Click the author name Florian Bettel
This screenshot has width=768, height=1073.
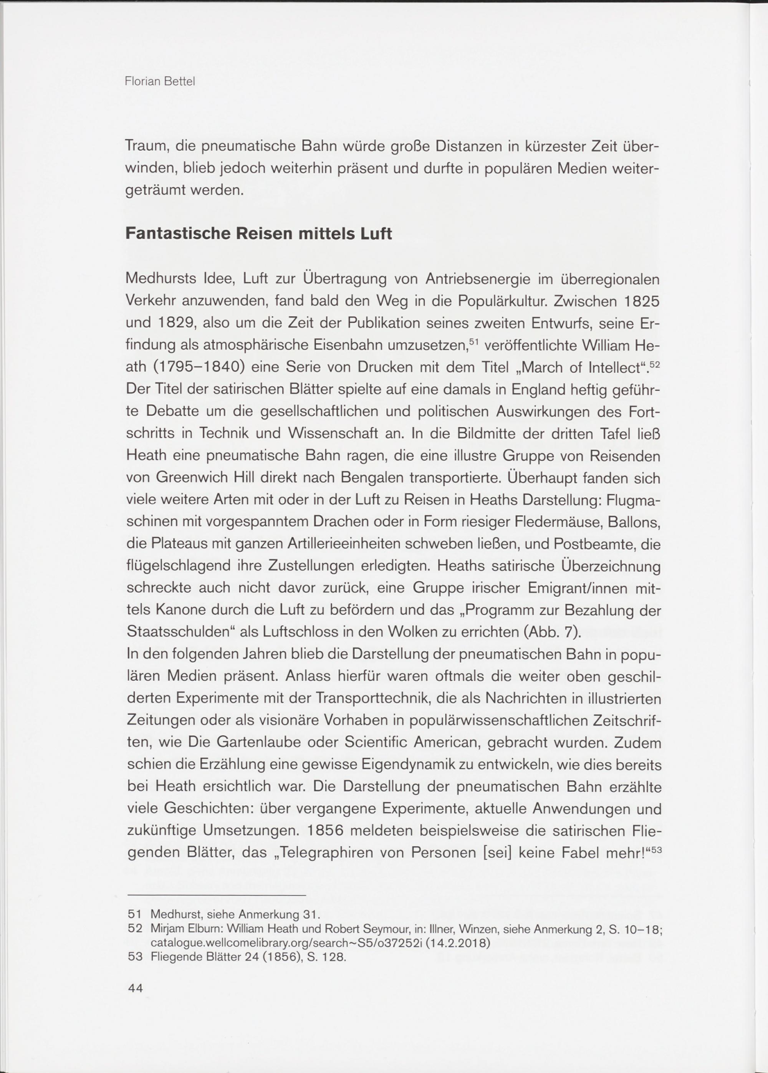click(160, 82)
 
